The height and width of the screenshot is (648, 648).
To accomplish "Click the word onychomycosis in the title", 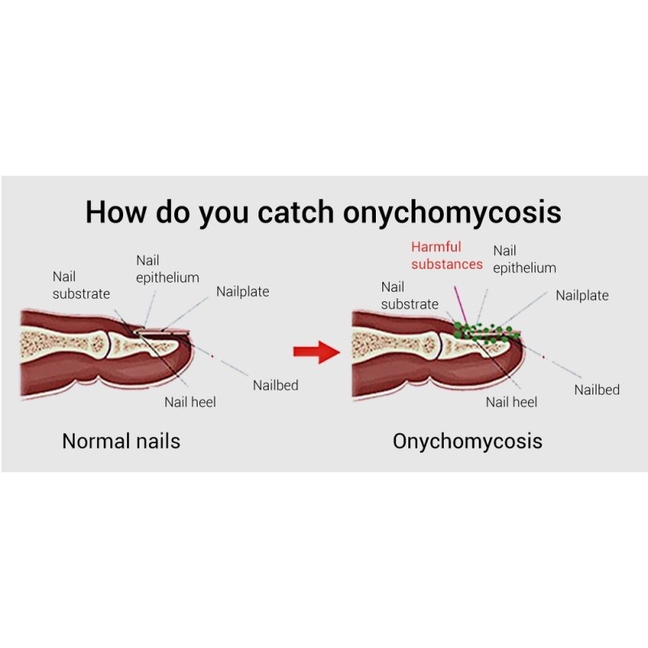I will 452,212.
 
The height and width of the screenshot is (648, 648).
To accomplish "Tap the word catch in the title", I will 296,212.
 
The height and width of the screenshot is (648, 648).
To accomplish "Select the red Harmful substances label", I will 446,255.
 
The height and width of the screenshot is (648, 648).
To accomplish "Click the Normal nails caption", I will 121,441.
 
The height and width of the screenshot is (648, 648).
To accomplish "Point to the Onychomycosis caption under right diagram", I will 467,441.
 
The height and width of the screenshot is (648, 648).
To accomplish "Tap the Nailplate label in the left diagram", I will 242,292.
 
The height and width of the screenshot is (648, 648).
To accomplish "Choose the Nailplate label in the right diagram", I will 582,296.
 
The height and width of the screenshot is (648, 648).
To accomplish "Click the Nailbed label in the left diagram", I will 275,386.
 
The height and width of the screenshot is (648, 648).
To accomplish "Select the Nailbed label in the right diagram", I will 597,390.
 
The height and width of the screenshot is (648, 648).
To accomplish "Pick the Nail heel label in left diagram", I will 190,402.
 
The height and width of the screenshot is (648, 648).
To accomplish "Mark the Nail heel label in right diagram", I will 512,402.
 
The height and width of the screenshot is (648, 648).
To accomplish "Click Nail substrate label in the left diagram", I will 81,285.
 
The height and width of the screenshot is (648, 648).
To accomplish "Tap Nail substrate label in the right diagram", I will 409,296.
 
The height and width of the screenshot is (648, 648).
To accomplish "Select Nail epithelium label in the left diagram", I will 167,269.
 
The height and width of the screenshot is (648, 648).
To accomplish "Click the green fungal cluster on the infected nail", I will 486,330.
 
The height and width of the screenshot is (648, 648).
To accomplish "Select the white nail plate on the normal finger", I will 162,331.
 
